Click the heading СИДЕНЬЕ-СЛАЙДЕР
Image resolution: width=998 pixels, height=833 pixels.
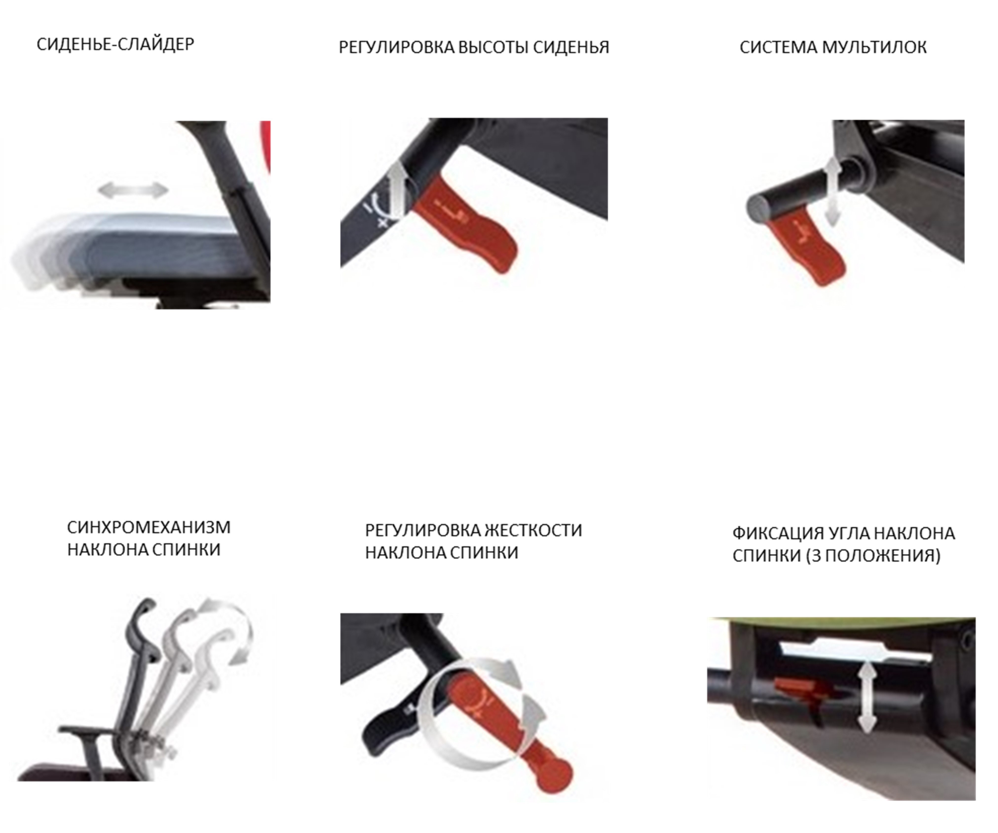coord(115,44)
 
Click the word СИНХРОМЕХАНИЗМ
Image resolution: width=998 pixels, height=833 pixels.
coord(149,527)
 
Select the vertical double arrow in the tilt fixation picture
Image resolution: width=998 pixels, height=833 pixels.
coord(867,698)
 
